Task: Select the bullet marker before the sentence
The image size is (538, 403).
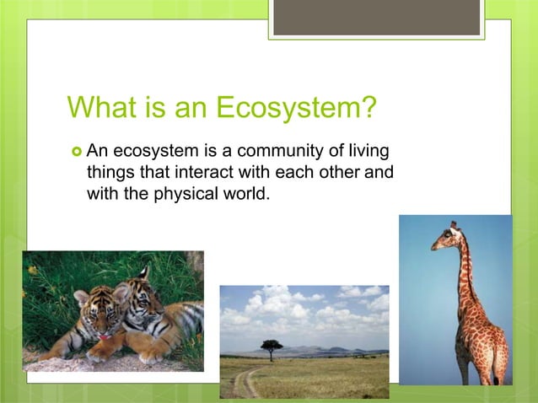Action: (x=76, y=153)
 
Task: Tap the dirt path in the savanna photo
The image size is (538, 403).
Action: (x=245, y=379)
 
